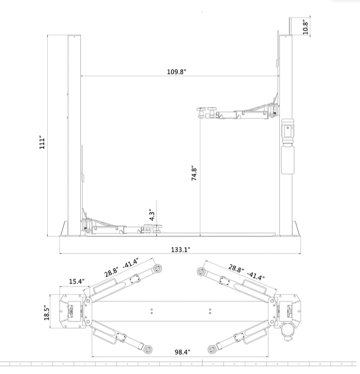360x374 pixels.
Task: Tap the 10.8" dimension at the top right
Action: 305,27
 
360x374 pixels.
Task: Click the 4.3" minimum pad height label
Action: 152,215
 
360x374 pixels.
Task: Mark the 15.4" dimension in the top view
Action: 77,281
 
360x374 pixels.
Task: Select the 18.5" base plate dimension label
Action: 46,312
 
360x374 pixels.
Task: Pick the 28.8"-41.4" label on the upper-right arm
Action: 245,272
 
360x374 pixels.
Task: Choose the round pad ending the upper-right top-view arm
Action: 202,271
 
